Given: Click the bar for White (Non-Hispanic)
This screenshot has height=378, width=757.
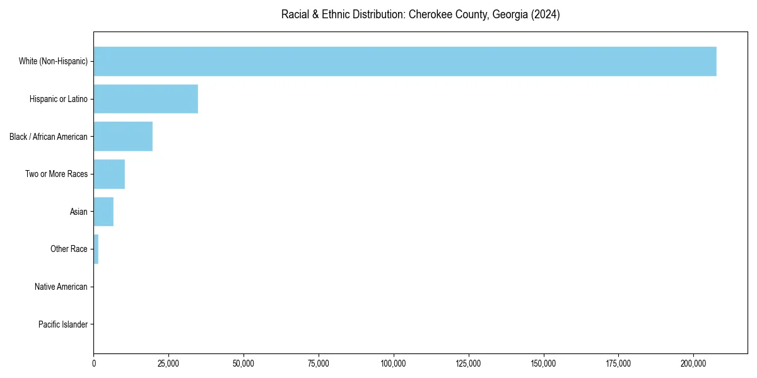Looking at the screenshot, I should [x=405, y=61].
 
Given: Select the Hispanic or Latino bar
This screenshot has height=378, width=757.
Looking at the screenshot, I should [x=146, y=99].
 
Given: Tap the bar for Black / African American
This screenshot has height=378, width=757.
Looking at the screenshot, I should [x=123, y=137].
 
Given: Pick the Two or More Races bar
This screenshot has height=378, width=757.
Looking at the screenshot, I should [x=109, y=174].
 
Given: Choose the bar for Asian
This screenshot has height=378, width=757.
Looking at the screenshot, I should [x=103, y=212].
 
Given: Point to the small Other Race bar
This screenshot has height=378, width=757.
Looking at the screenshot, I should [x=96, y=249].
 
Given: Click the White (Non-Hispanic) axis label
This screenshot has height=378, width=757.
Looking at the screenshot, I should [x=53, y=61].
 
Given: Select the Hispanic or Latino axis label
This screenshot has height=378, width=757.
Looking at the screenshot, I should [x=59, y=99].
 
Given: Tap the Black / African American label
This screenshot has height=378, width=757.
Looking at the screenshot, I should [x=49, y=137].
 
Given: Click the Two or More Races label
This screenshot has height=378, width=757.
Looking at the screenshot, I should [x=57, y=174].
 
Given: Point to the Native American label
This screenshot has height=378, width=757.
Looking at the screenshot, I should [x=61, y=287].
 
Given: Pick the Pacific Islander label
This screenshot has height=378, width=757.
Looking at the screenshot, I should [x=63, y=324].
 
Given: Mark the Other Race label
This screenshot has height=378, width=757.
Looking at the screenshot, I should [x=69, y=249].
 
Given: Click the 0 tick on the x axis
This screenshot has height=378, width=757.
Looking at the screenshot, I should [x=94, y=364].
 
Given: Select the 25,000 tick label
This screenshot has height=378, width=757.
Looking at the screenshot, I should [x=168, y=364].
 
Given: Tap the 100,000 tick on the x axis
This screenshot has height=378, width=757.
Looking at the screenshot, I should [x=394, y=364].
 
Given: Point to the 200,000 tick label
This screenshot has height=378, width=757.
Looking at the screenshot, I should [x=694, y=364].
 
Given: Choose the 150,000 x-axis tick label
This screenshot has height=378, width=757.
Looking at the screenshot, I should [x=544, y=364].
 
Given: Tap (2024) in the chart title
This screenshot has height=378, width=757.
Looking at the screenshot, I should [x=545, y=15].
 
